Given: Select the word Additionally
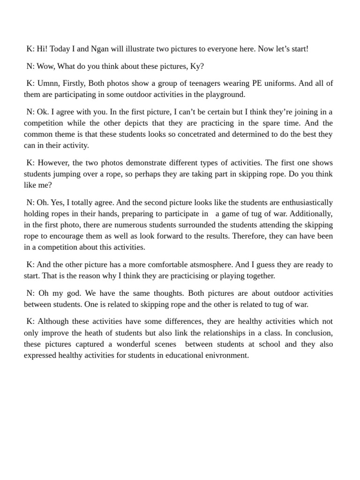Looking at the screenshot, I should [310, 214].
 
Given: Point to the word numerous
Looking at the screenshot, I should [135, 225].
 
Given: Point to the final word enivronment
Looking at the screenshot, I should [225, 356].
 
